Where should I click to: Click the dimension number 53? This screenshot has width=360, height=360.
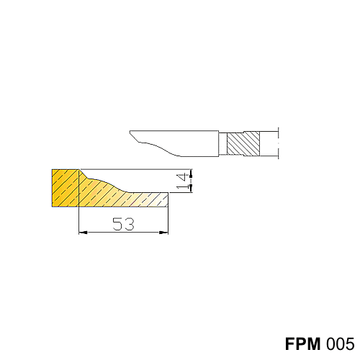[123, 224]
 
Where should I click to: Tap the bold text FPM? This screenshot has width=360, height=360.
[302, 343]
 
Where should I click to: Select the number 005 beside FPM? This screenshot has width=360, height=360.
[340, 343]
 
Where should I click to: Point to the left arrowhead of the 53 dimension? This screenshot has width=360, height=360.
[83, 232]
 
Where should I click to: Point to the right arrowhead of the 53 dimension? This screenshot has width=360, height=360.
[164, 232]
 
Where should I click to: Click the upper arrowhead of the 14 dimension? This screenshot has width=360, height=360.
[191, 174]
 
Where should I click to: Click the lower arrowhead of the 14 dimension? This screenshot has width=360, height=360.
[191, 188]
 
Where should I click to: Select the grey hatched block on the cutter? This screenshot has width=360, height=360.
[243, 143]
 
